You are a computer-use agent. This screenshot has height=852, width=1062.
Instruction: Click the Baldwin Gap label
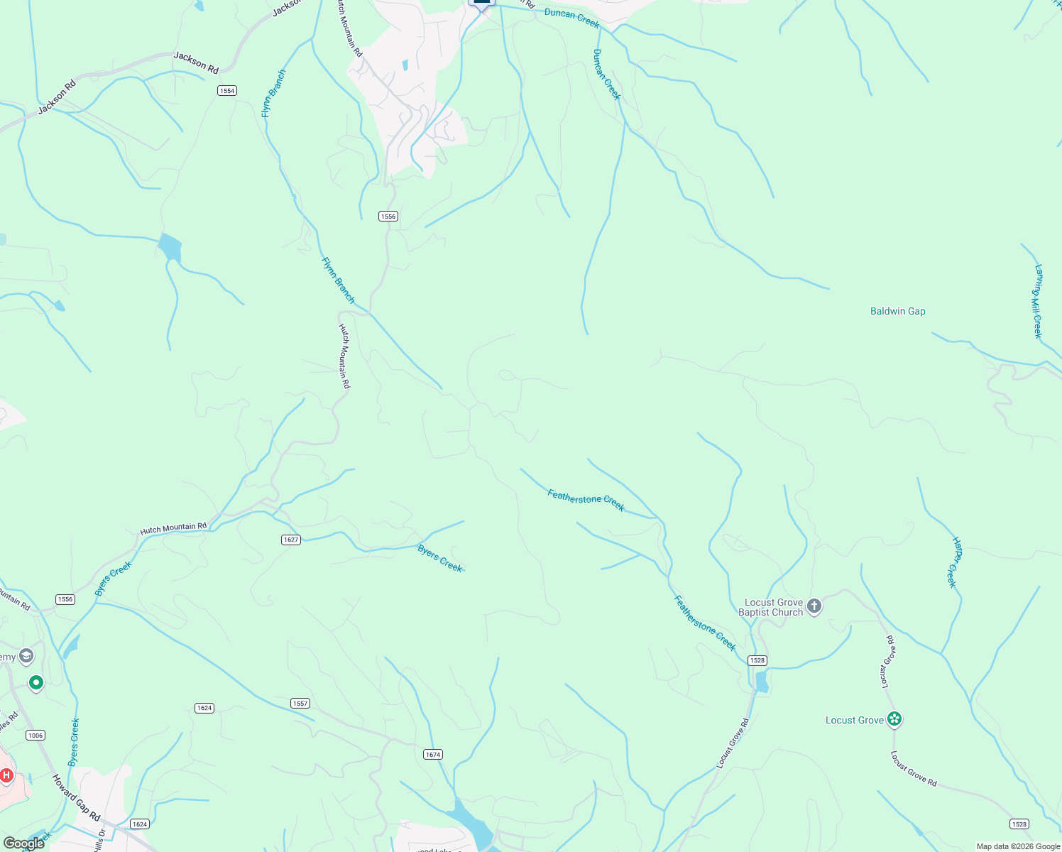point(897,311)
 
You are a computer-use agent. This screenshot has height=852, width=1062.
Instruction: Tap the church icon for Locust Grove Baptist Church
point(814,606)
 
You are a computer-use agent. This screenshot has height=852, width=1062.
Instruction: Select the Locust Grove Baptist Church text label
point(772,607)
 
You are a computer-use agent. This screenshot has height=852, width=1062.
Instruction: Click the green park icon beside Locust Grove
point(894,720)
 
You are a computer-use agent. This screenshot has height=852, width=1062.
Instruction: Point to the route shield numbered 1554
point(226,91)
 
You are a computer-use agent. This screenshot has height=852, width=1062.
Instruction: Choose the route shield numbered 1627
point(291,540)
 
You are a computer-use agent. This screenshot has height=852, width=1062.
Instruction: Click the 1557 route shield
point(300,704)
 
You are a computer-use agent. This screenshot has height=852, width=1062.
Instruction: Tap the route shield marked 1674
point(433,754)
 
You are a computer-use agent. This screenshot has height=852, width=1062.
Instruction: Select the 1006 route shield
point(35,735)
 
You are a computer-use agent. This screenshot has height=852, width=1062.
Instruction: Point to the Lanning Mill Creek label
point(1038,302)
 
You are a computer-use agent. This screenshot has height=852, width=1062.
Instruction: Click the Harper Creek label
point(955,562)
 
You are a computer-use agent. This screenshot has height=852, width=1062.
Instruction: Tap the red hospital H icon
point(6,775)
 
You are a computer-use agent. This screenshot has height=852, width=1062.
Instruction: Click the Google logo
point(24,843)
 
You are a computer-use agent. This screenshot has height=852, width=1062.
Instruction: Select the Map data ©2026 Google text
point(1018,846)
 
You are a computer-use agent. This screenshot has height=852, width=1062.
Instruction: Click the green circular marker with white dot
point(36,683)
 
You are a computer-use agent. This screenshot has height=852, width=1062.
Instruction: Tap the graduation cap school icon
point(27,656)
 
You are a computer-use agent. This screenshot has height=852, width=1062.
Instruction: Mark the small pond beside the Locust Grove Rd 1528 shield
point(762,682)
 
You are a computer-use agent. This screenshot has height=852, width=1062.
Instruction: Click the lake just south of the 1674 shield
point(471,820)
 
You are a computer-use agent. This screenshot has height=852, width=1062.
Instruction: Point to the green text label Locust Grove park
point(854,720)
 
